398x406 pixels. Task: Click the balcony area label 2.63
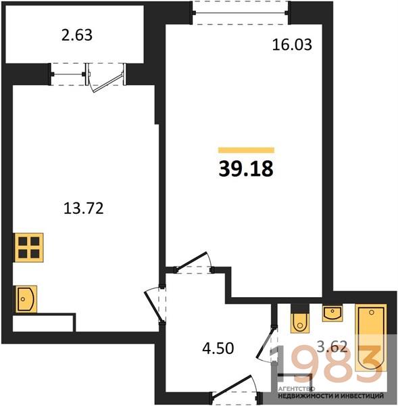(x=77, y=35)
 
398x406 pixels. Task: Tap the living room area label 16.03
(x=292, y=45)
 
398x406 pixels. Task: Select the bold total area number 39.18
(x=246, y=168)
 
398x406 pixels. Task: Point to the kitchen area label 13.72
(x=83, y=208)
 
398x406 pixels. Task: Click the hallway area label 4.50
(x=218, y=348)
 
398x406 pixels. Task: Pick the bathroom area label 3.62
(x=332, y=346)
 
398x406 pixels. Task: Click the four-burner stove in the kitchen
(x=28, y=248)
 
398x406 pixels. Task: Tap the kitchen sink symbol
(x=26, y=299)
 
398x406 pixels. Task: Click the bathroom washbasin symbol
(x=332, y=313)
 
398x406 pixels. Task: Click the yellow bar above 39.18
(x=246, y=150)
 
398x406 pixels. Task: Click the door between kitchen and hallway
(x=155, y=304)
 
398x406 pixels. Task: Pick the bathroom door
(x=266, y=344)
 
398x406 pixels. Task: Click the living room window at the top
(x=241, y=13)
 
